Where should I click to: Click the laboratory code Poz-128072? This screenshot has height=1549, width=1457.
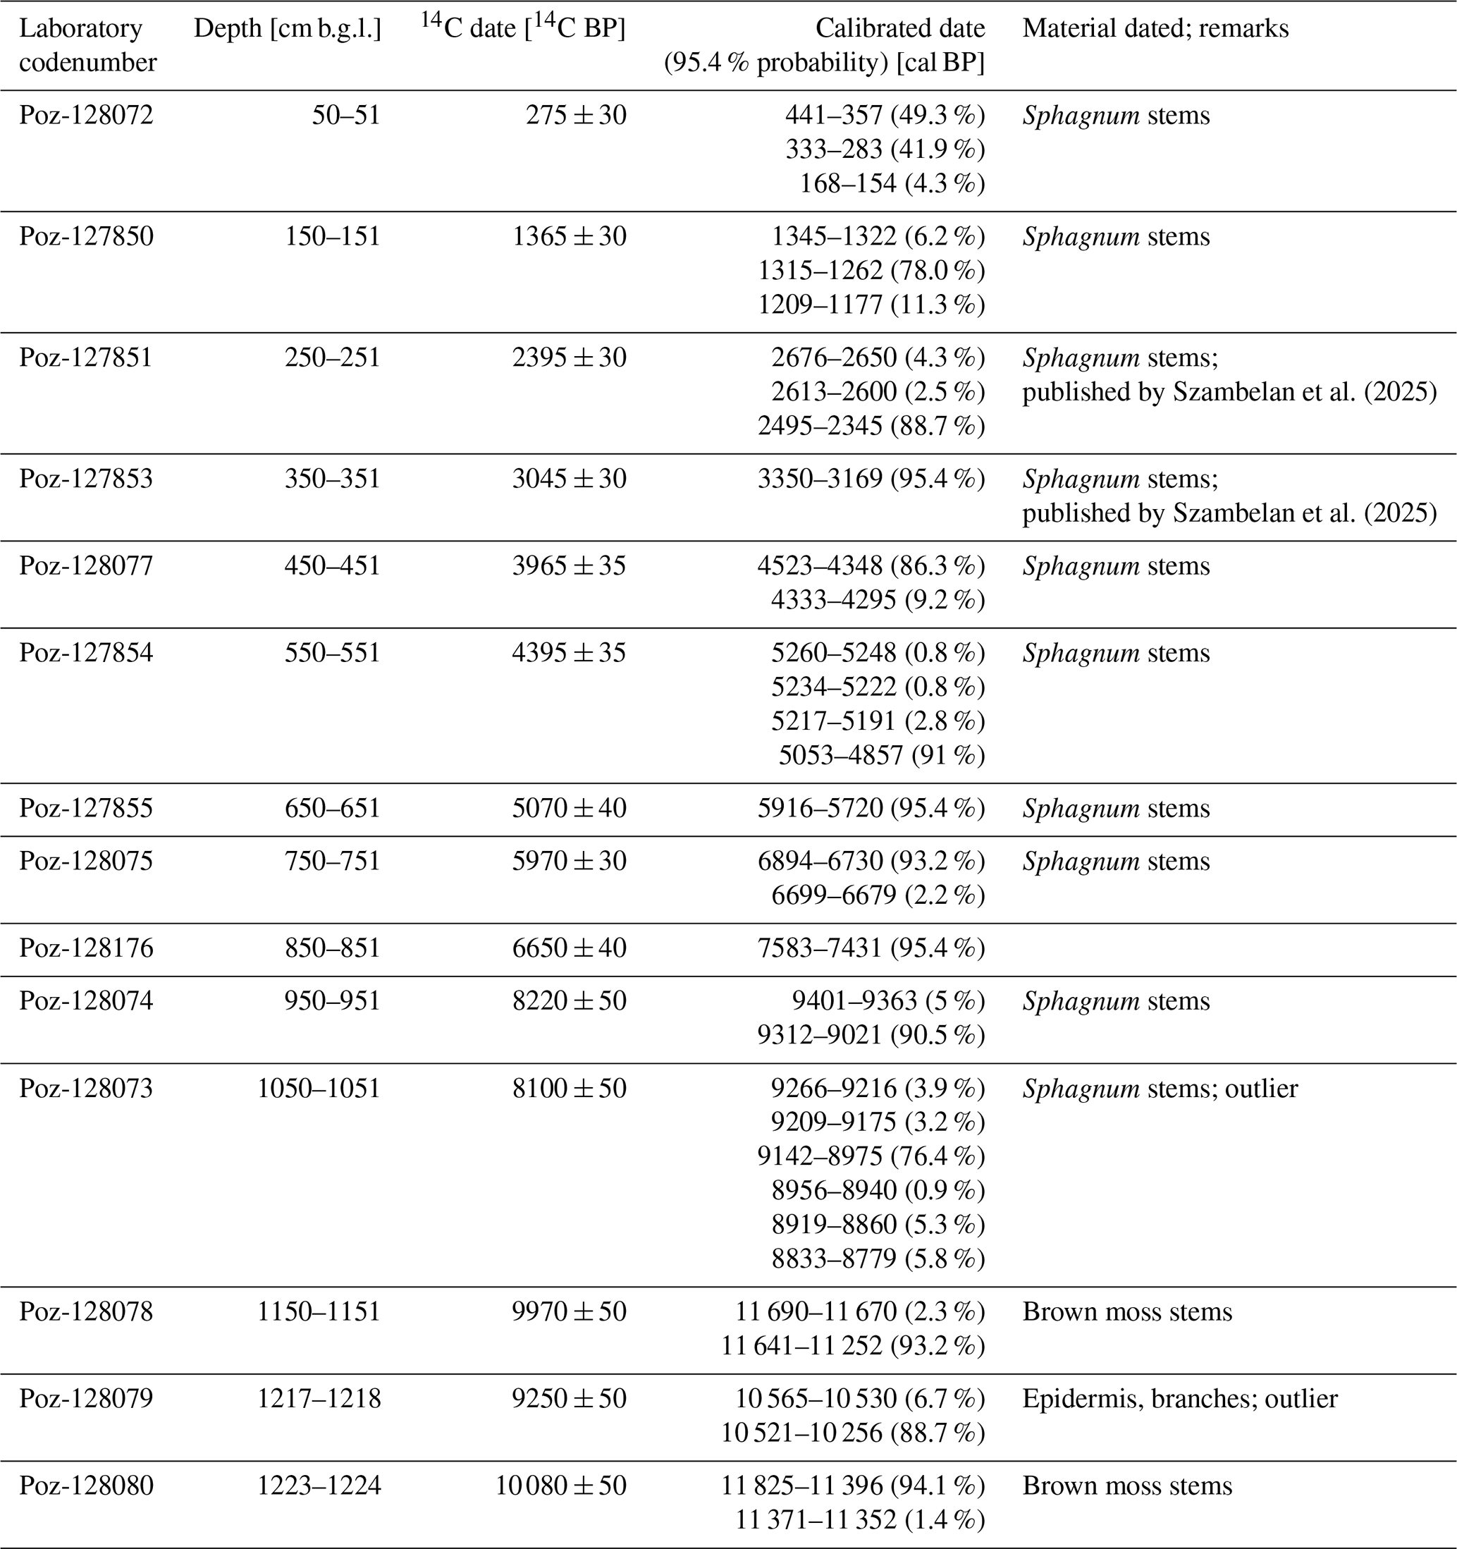(87, 116)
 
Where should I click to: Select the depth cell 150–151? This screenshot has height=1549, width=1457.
(333, 237)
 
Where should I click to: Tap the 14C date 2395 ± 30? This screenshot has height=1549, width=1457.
(569, 357)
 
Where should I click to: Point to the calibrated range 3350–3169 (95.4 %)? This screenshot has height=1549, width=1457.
(871, 479)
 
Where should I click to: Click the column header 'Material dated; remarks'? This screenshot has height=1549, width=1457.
(1155, 29)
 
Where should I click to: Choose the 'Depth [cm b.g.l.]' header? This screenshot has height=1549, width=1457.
(288, 29)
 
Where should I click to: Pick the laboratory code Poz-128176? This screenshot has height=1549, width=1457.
(87, 948)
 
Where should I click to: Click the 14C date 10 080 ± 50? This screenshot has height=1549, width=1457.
(561, 1485)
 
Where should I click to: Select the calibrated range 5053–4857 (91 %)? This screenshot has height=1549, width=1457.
(882, 755)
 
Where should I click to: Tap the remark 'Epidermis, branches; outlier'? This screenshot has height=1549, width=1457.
(1179, 1399)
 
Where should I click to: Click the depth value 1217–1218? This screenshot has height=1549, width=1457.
(319, 1399)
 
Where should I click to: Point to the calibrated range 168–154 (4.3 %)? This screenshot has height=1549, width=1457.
(892, 184)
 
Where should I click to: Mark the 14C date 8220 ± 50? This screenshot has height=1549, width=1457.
(569, 1001)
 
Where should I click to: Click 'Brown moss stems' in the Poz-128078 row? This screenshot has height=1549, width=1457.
(1127, 1312)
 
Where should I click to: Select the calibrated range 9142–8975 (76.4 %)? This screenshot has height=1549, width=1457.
(871, 1156)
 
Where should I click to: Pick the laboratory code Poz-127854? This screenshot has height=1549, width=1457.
(87, 653)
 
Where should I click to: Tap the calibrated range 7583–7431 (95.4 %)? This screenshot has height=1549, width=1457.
(871, 948)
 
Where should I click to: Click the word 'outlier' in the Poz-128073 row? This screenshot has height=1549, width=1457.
(1262, 1089)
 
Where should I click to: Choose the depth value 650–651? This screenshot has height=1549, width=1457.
(333, 808)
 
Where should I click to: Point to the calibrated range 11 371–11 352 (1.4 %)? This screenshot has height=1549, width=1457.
(860, 1519)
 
